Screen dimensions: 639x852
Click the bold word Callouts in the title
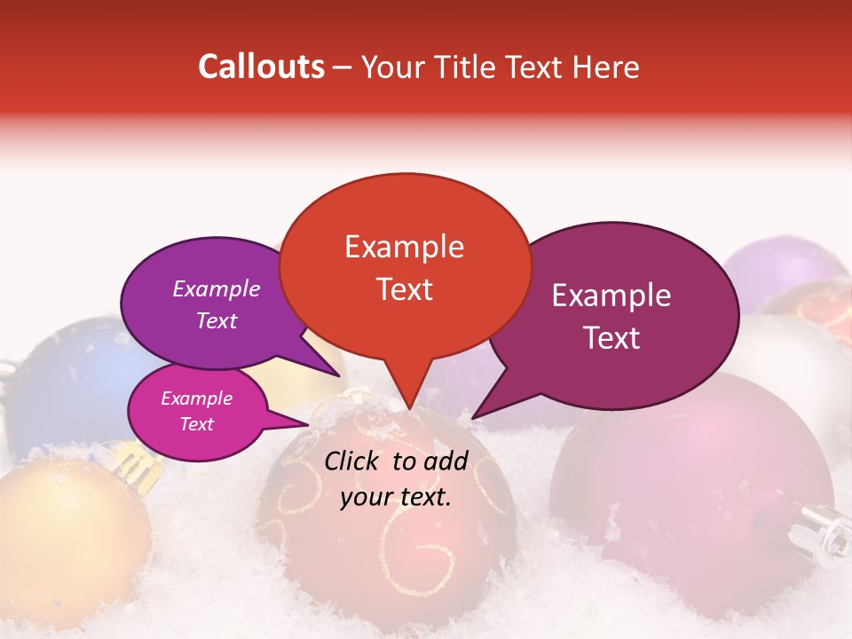coord(261,67)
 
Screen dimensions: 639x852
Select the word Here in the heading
coord(604,67)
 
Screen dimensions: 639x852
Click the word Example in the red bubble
coord(404,246)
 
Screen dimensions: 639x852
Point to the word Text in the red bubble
coord(404,288)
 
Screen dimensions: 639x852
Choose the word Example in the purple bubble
coord(216,288)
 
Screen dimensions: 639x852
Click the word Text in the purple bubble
coord(216,320)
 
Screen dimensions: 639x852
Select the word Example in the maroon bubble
coord(611,296)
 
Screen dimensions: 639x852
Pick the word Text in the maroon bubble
coord(611,337)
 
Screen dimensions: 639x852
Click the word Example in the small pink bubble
coord(196,398)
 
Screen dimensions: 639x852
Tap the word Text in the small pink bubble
coord(196,424)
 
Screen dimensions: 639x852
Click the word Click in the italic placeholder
coord(353,461)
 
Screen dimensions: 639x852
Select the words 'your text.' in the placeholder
coord(396,497)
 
